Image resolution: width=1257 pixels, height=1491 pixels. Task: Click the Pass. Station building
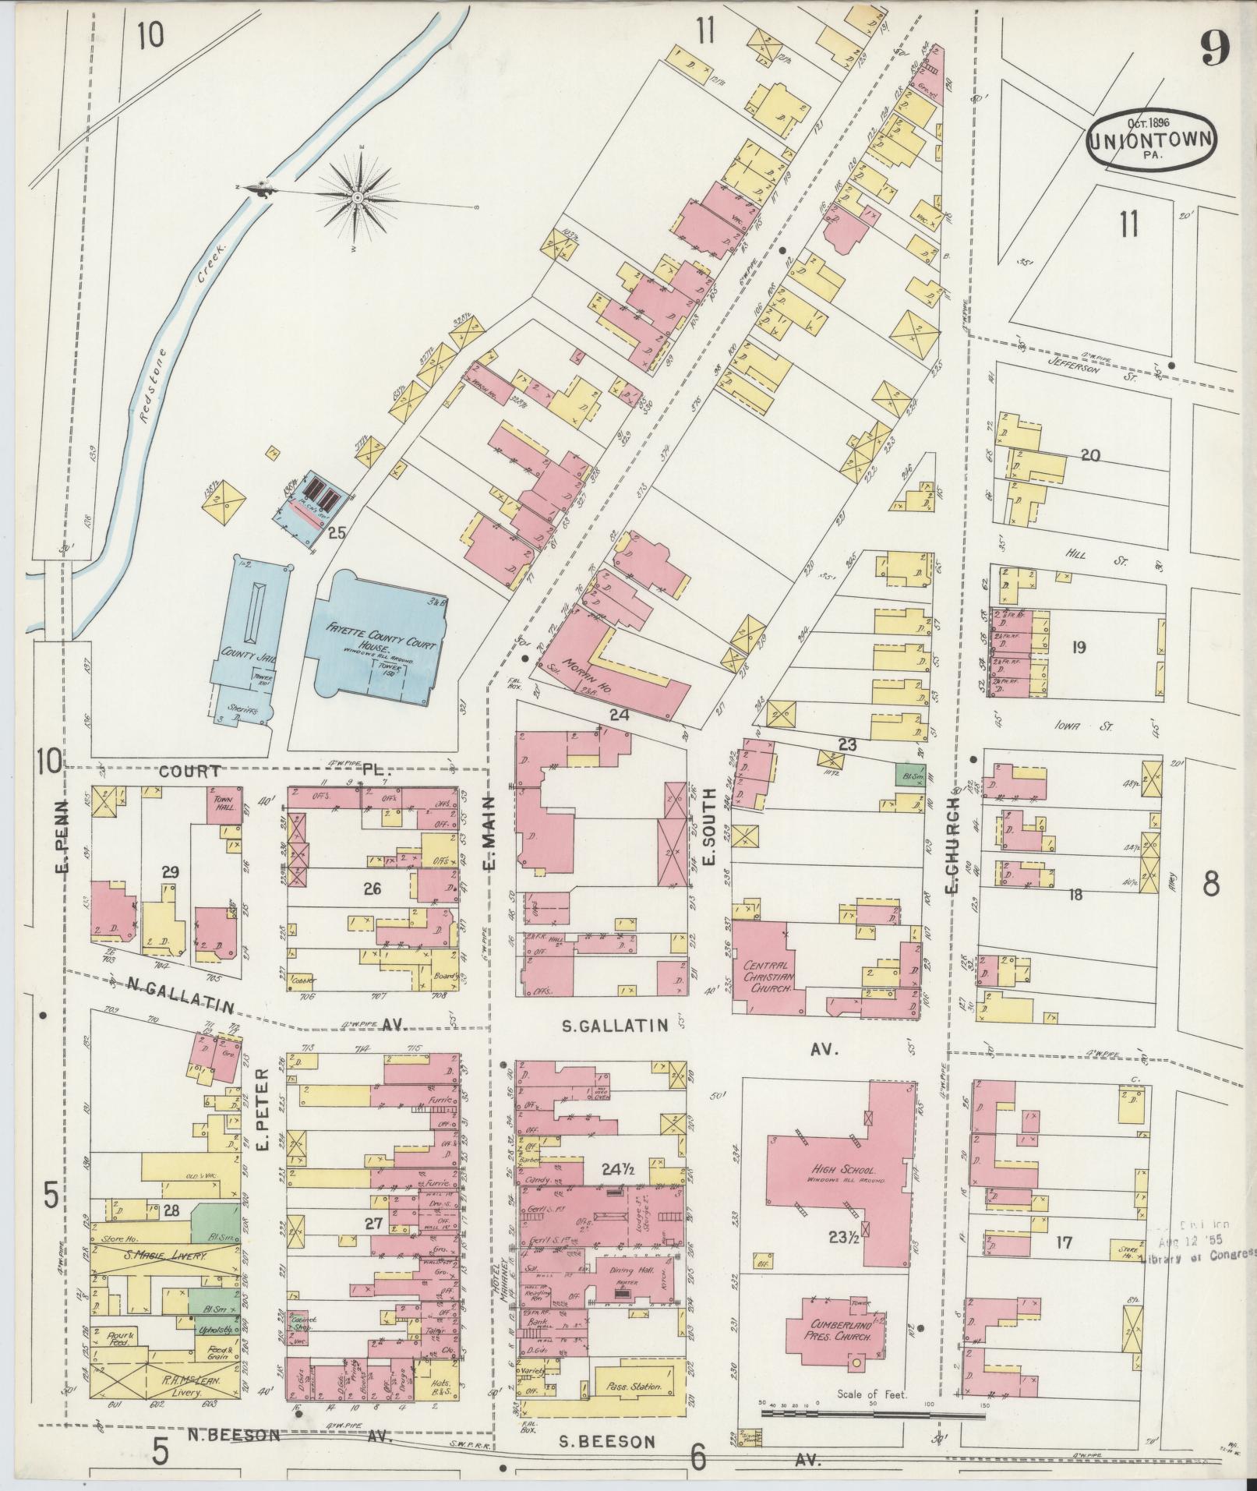click(631, 1387)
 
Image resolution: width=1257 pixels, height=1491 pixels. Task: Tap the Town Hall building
click(223, 803)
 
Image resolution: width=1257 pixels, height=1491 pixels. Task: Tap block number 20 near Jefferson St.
click(1089, 455)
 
